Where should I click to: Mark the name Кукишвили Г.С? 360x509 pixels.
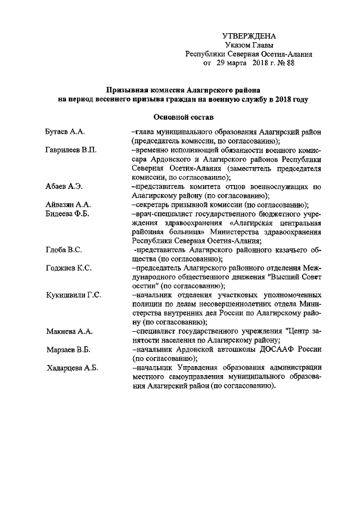[73, 295]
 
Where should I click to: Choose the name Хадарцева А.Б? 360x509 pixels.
[72, 368]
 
